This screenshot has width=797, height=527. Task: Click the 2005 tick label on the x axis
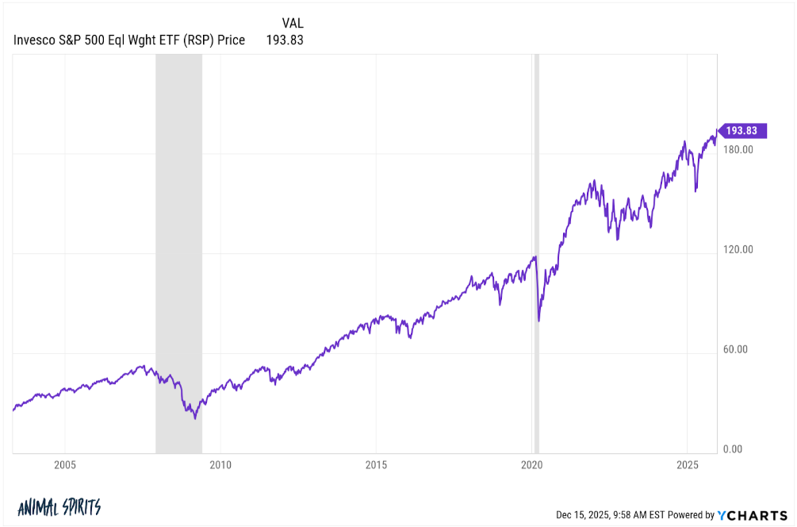pyautogui.click(x=65, y=465)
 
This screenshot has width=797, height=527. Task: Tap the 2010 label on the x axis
pyautogui.click(x=220, y=465)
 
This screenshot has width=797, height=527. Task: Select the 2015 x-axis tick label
pyautogui.click(x=377, y=465)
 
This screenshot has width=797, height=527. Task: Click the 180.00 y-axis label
pyautogui.click(x=738, y=149)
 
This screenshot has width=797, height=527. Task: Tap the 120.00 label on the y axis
pyautogui.click(x=738, y=249)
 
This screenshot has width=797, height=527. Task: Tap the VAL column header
pyautogui.click(x=292, y=23)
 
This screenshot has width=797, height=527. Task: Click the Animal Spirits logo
pyautogui.click(x=59, y=507)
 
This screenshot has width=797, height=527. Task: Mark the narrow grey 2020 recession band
pyautogui.click(x=537, y=254)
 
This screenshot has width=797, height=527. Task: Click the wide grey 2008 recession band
pyautogui.click(x=178, y=254)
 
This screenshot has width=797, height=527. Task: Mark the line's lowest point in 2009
pyautogui.click(x=195, y=418)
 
